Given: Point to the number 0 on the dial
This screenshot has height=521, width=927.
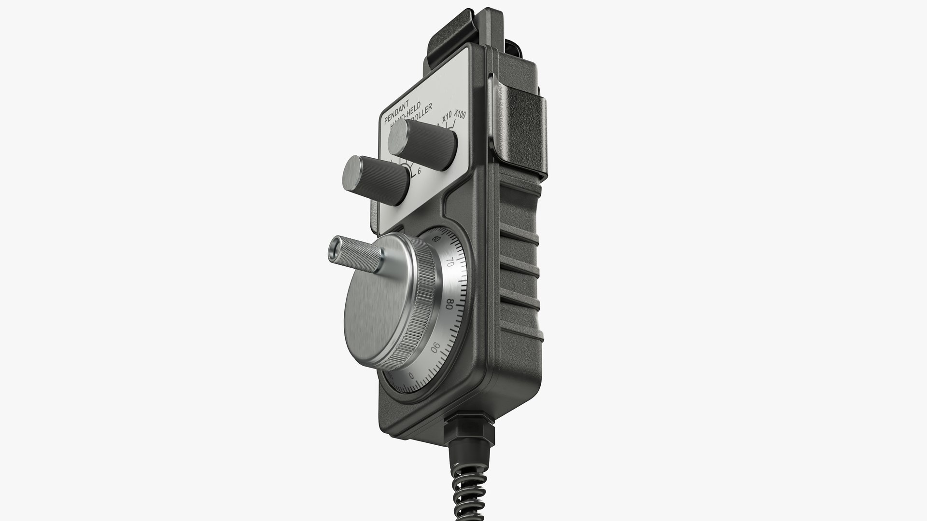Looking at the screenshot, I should tap(411, 375).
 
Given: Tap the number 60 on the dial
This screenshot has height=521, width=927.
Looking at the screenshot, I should tap(437, 240).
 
